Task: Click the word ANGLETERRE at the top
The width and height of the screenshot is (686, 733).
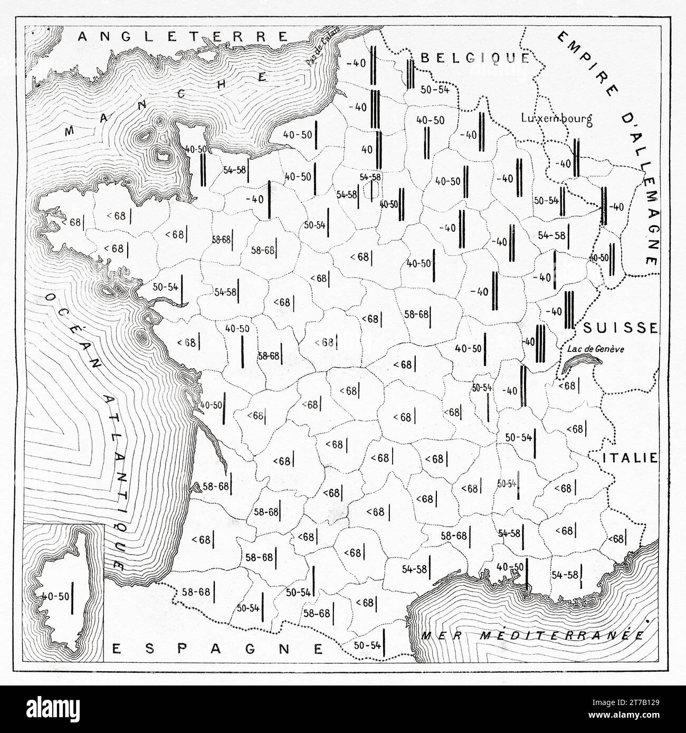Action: tap(182, 36)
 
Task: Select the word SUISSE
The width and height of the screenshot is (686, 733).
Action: tap(621, 328)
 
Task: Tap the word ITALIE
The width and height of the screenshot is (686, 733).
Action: tap(629, 458)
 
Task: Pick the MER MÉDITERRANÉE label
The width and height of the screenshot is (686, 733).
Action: tap(532, 635)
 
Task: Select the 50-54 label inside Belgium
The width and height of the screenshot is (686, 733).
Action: tap(435, 89)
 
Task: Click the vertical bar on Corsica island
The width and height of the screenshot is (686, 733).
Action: tap(73, 597)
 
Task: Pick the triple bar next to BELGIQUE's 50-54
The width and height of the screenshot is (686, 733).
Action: tap(411, 77)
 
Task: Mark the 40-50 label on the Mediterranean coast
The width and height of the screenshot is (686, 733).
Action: tap(510, 566)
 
